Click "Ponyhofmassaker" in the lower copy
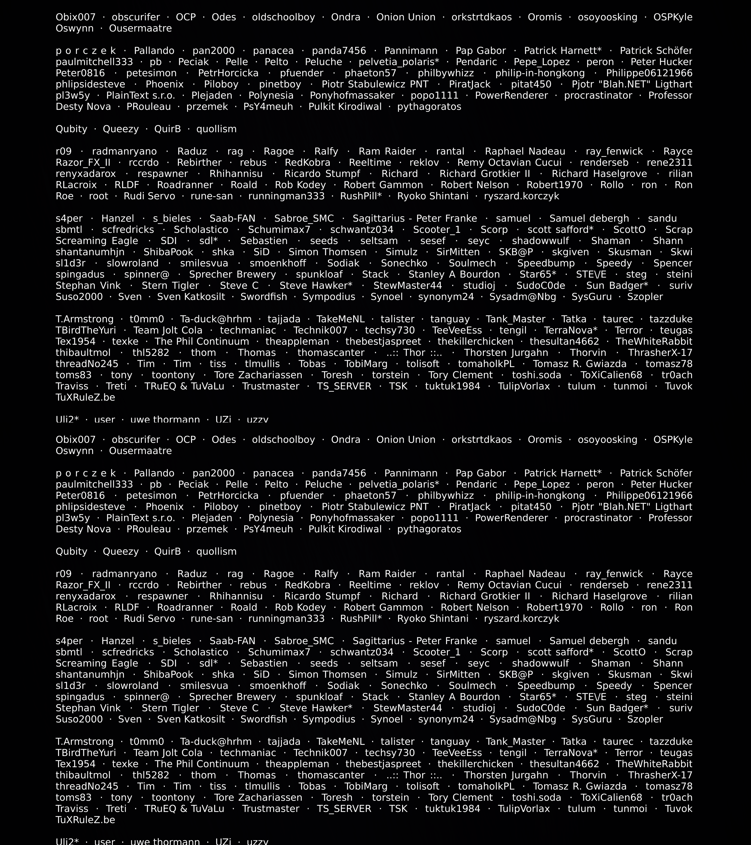352,518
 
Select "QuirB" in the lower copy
167,552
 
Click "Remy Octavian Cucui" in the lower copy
509,585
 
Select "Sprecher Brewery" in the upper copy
232,275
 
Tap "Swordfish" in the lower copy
264,719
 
